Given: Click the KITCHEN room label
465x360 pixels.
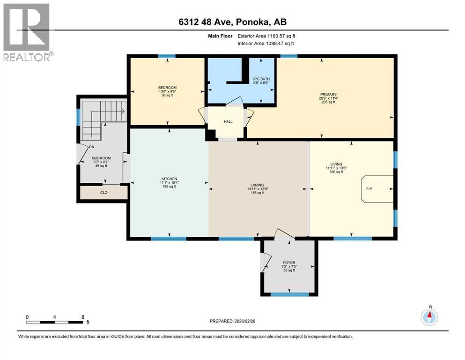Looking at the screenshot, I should coord(169,179).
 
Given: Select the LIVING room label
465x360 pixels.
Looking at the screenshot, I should coord(336,164).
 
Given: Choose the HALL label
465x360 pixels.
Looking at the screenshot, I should coord(228,121).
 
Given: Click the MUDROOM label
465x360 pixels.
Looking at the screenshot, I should coord(102,158).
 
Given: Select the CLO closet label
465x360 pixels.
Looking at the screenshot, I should coord(103,192).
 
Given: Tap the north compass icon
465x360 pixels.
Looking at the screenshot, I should coord(429,316).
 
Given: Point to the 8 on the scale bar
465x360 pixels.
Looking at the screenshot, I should coord(83,317).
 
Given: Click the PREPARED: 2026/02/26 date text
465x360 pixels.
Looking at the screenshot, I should coord(236,321).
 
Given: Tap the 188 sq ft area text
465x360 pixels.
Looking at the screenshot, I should coord(257,193).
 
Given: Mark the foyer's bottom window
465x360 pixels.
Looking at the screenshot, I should coord(290,294).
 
